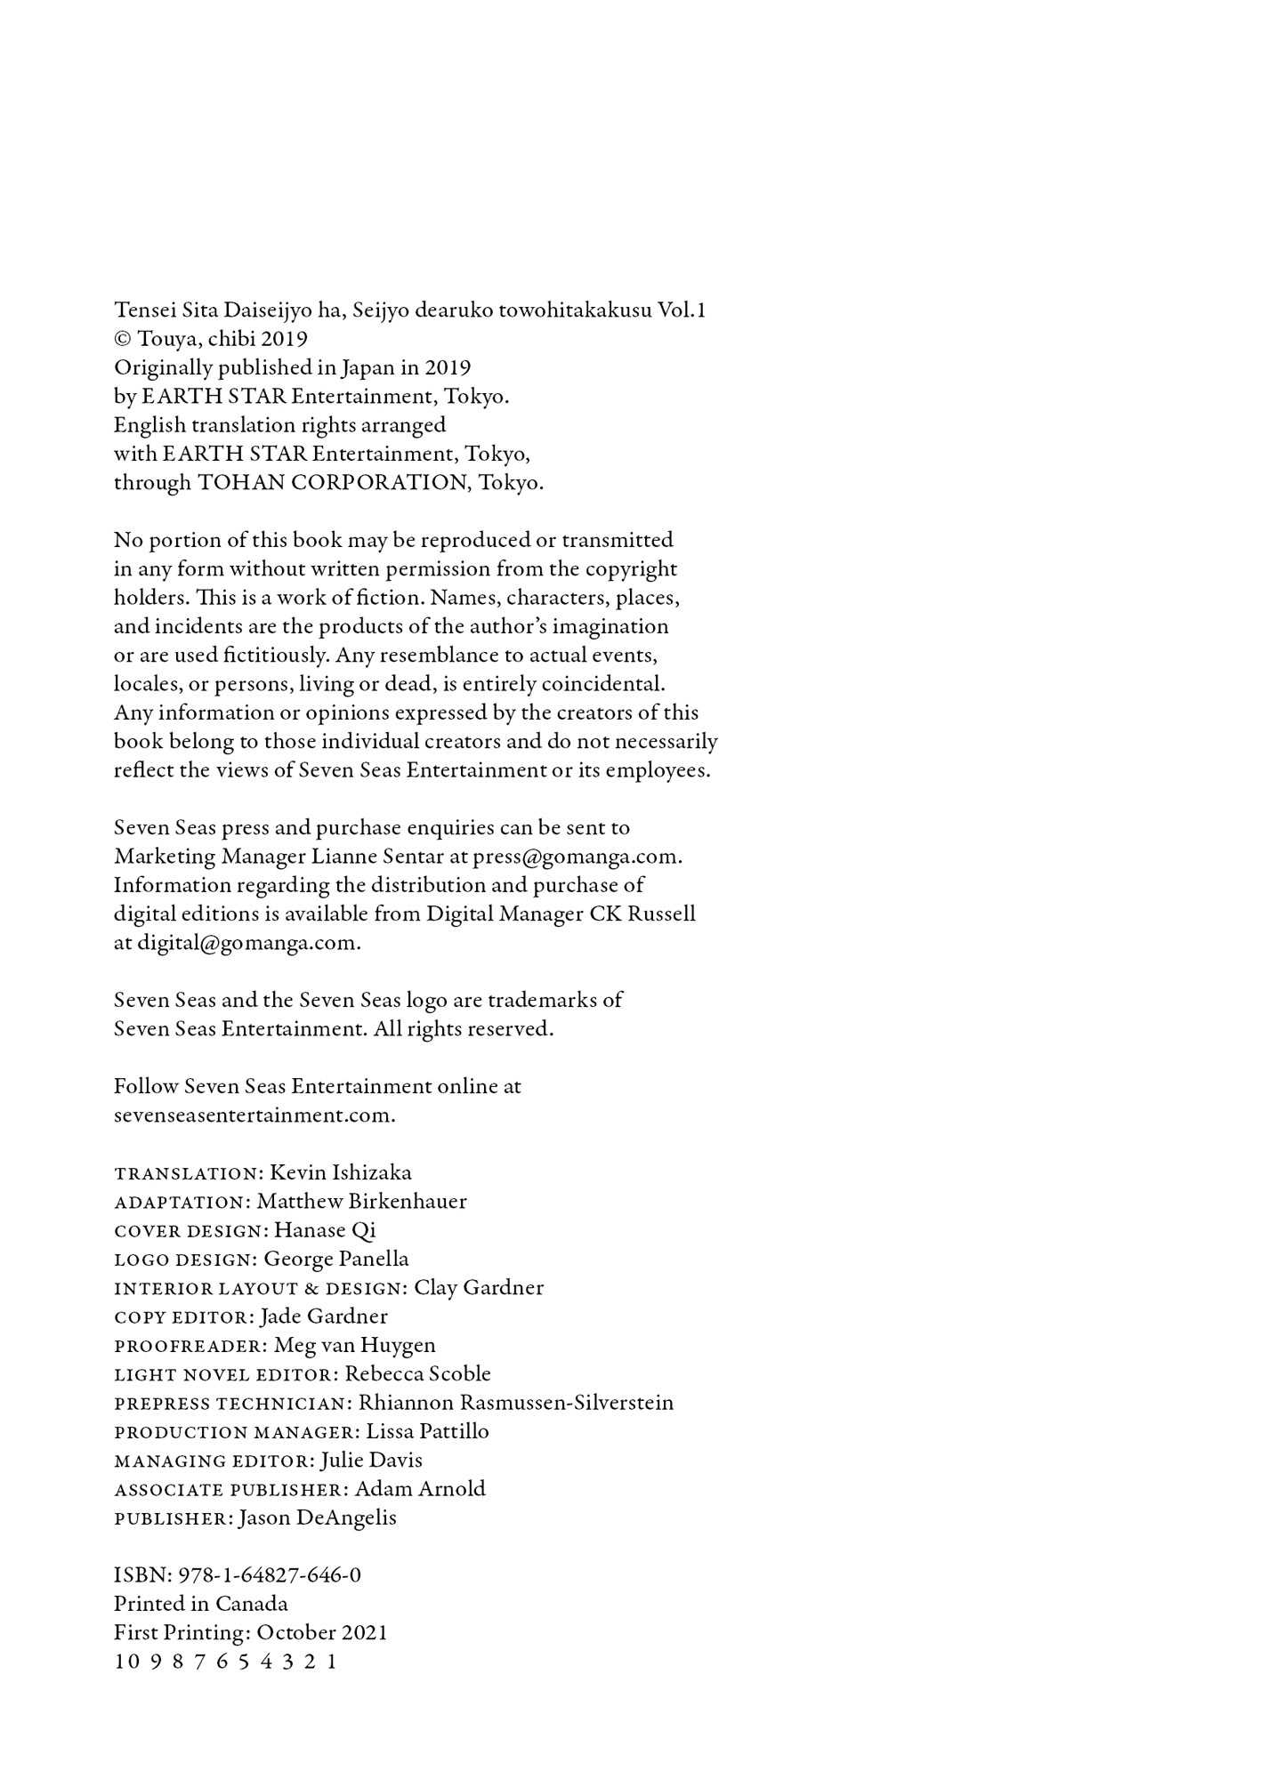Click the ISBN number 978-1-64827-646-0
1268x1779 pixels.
click(270, 1575)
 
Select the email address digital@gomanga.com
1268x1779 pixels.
click(247, 943)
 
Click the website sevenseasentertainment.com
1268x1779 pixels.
click(254, 1115)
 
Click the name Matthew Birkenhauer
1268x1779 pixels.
click(362, 1202)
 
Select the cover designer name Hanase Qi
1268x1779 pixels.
click(325, 1230)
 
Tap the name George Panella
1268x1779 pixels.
click(336, 1260)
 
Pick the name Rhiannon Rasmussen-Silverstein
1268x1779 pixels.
click(516, 1403)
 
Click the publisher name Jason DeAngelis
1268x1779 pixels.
click(318, 1517)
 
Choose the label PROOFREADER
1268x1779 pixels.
click(190, 1346)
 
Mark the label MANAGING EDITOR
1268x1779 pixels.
click(214, 1461)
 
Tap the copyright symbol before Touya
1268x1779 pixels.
click(123, 340)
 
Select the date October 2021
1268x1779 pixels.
click(322, 1633)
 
